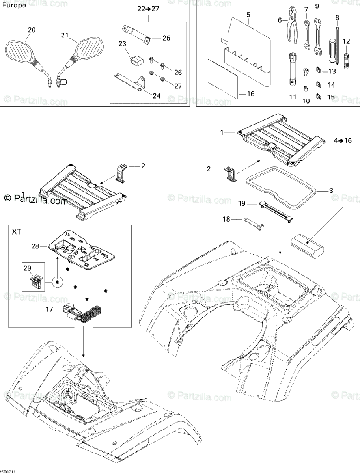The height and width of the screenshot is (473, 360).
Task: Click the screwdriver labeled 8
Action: point(338,43)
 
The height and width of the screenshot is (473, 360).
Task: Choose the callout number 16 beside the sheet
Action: point(250,94)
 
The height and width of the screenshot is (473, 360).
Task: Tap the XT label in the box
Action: point(17,232)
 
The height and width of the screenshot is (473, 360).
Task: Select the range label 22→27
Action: point(148,9)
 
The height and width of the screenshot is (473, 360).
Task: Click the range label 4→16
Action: point(342,140)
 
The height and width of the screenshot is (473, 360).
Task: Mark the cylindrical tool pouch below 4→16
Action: point(307,240)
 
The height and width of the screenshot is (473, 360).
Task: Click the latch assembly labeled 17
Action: point(80,313)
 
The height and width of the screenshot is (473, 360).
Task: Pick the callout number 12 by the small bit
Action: point(346,41)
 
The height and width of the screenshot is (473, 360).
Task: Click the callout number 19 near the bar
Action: point(242,203)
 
